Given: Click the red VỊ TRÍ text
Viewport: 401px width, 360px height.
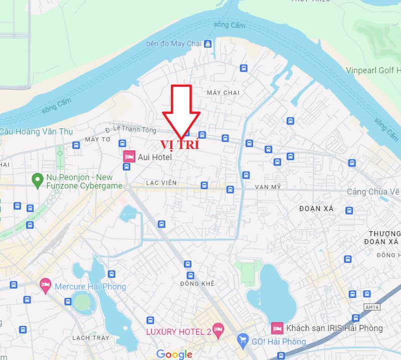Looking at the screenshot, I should (179, 145).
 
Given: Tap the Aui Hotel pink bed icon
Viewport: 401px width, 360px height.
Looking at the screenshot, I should (129, 157).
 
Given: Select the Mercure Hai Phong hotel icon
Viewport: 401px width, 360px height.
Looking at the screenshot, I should (46, 286).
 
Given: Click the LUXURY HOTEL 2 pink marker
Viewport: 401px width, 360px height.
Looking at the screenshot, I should (218, 329).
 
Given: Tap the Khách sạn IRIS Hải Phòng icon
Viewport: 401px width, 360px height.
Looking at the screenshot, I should (277, 328).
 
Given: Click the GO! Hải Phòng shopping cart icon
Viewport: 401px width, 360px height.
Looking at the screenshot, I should (243, 341).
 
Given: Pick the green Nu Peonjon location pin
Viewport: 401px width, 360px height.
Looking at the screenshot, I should (37, 179).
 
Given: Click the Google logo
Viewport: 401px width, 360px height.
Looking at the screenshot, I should (174, 354).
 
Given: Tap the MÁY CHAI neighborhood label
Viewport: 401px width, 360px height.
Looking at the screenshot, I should (223, 93).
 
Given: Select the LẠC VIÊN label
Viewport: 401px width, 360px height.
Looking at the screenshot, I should (161, 183).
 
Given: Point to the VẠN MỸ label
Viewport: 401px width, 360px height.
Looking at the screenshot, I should (268, 187).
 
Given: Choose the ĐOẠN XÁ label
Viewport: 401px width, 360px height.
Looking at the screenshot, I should (316, 209).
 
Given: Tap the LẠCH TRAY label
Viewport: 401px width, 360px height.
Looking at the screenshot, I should (90, 338).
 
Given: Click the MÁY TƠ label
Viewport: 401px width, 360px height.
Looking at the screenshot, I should (97, 139).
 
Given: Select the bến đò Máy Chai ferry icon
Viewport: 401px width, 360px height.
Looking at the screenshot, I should (208, 44).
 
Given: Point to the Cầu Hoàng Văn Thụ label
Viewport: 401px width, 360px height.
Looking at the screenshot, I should (37, 131).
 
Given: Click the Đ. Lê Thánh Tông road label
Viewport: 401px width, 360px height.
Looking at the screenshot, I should (134, 129).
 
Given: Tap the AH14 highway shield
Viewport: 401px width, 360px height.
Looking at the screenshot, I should (371, 307).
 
